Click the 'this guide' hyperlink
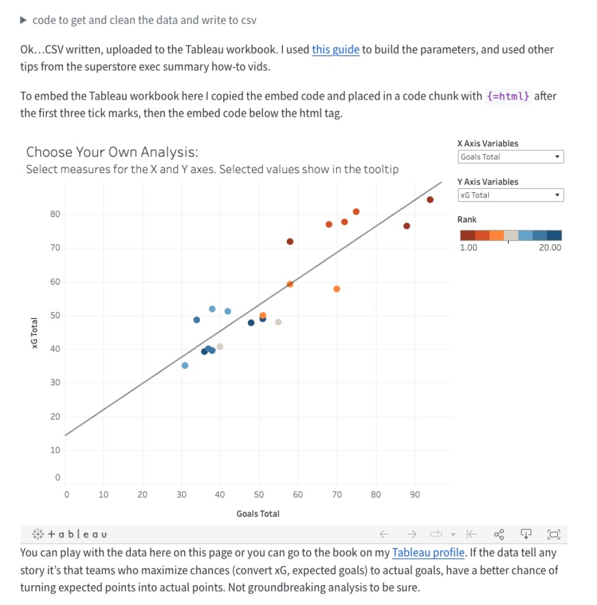click(x=335, y=50)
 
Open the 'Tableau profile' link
click(x=428, y=553)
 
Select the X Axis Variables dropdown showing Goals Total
click(x=511, y=157)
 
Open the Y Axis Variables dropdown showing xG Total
click(x=511, y=195)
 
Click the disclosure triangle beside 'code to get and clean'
click(x=23, y=20)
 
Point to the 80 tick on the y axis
click(x=55, y=214)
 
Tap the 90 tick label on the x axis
click(x=415, y=495)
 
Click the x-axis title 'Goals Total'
click(x=258, y=513)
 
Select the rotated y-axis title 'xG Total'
click(x=34, y=333)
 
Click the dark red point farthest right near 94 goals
click(x=430, y=199)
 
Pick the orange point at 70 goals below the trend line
click(x=336, y=289)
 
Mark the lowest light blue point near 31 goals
click(x=185, y=365)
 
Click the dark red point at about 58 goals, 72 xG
click(x=290, y=241)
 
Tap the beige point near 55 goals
click(x=278, y=322)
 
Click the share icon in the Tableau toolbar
click(x=499, y=534)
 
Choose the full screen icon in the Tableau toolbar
click(x=554, y=534)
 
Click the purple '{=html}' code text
click(x=508, y=96)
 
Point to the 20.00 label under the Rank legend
click(x=550, y=248)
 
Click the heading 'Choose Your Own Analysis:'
click(x=112, y=152)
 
